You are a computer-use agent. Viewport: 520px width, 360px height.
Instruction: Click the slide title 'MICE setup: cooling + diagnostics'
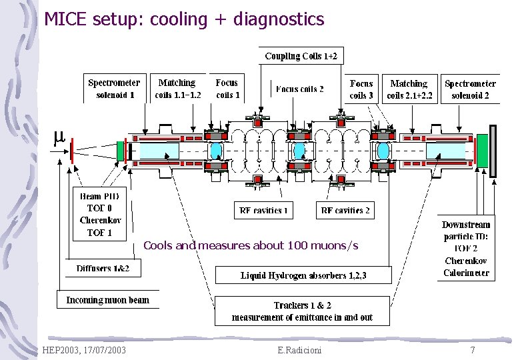(x=184, y=19)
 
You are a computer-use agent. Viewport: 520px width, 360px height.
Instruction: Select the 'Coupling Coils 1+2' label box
(x=302, y=56)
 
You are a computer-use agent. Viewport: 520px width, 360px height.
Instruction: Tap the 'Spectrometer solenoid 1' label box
(x=114, y=89)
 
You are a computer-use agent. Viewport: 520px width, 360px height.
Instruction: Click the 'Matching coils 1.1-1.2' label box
(x=177, y=89)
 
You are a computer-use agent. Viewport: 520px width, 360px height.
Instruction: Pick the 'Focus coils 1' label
(x=227, y=89)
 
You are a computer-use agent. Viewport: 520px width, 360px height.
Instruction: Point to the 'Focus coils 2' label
(x=299, y=89)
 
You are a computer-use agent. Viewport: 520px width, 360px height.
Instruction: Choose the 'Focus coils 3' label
(x=361, y=89)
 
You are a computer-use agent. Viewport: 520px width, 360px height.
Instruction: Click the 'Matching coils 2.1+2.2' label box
(x=409, y=89)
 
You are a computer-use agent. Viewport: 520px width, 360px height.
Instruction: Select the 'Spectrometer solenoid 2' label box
(x=470, y=89)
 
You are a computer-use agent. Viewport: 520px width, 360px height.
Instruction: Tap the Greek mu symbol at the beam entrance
(x=59, y=137)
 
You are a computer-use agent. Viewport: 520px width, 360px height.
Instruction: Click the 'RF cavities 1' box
(x=262, y=211)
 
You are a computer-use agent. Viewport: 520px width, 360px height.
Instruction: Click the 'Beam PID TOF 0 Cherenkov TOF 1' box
(x=99, y=214)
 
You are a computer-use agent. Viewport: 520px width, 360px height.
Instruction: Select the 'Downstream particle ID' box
(x=467, y=248)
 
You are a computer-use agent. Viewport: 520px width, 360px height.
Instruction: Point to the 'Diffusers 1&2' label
(x=103, y=269)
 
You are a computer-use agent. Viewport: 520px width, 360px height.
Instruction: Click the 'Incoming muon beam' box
(x=107, y=300)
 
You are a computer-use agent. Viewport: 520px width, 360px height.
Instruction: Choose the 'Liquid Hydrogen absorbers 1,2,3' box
(x=303, y=275)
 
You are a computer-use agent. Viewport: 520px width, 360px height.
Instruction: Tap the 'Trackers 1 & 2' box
(x=302, y=311)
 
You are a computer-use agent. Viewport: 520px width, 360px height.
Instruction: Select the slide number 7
(x=472, y=350)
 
